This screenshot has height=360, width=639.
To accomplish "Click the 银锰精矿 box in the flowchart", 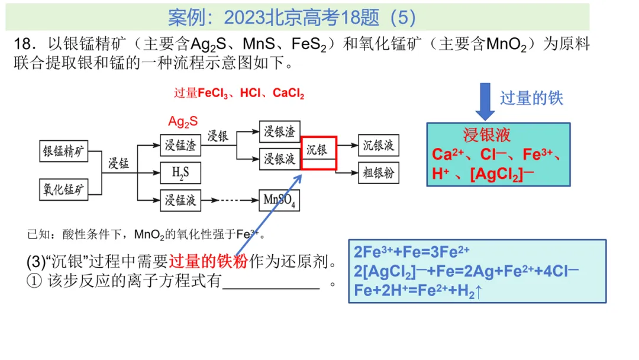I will [x=63, y=151].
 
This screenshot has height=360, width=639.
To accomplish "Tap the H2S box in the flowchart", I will [x=180, y=173].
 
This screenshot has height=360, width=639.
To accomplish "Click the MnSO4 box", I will [x=280, y=201].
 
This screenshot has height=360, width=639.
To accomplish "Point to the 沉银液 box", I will [x=379, y=144].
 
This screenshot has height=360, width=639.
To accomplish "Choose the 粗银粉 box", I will [x=379, y=173].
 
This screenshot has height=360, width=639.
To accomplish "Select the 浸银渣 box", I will [x=280, y=131].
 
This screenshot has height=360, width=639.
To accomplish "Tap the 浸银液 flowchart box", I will [x=280, y=159].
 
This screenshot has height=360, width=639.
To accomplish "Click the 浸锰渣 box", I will [x=180, y=144].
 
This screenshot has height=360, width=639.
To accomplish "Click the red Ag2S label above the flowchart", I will [x=183, y=122].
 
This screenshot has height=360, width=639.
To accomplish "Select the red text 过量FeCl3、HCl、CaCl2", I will [x=239, y=94].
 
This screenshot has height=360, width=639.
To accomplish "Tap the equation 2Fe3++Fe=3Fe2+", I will [x=412, y=252].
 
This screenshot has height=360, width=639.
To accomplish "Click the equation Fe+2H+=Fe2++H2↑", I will [x=418, y=291].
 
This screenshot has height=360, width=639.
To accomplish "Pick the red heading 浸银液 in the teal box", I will [x=486, y=136].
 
